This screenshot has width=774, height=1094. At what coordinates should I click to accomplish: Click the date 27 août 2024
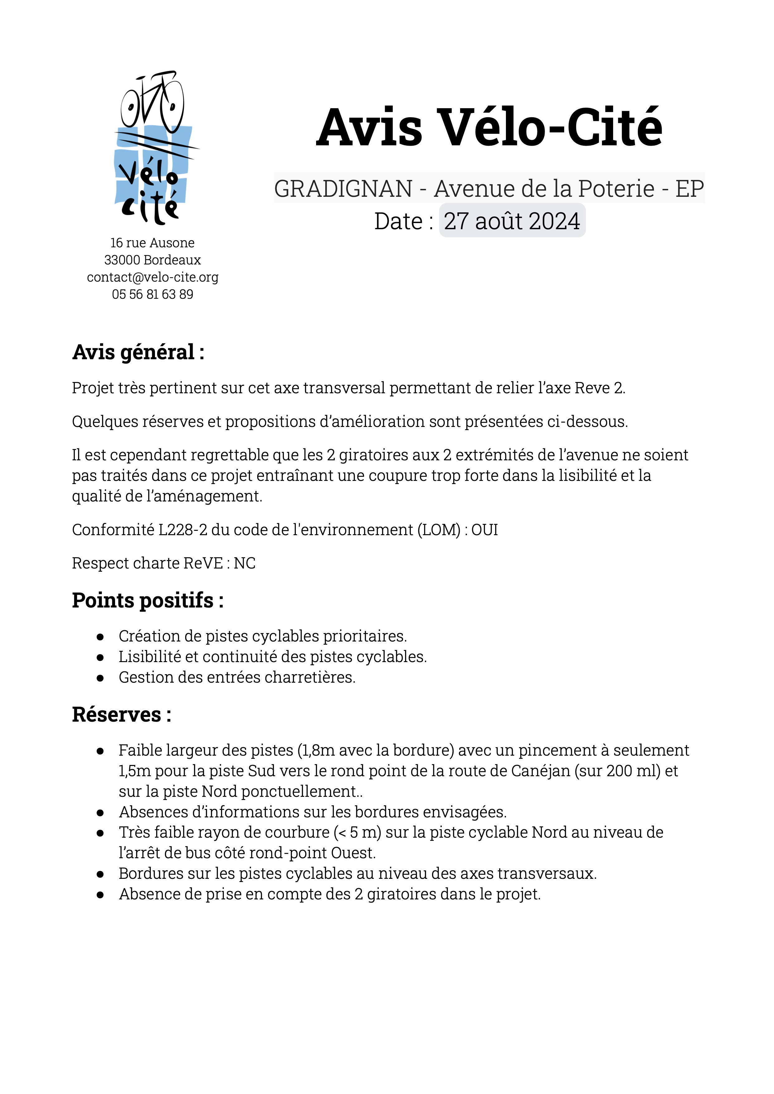coord(512,221)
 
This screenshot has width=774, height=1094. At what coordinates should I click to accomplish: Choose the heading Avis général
coord(138,353)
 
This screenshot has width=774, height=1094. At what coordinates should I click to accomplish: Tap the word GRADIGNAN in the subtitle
coord(343,189)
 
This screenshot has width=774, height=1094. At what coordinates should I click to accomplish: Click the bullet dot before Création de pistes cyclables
coord(100,637)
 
